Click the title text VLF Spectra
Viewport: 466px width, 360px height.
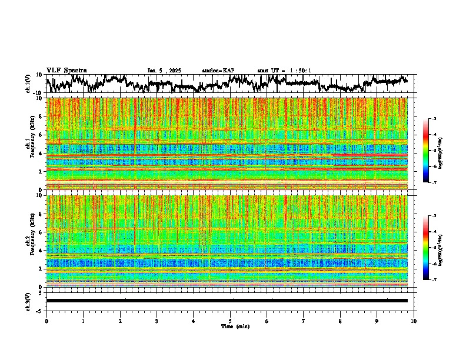[x=66, y=70]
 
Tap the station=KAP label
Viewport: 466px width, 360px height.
[x=218, y=71]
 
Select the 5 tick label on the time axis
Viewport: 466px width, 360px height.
[x=230, y=320]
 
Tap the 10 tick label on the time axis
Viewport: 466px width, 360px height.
[x=414, y=320]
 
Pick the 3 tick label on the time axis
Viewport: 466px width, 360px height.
[x=157, y=320]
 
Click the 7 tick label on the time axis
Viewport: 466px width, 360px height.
[x=304, y=320]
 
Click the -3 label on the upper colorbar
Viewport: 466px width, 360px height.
[x=434, y=119]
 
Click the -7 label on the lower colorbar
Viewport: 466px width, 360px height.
[x=434, y=280]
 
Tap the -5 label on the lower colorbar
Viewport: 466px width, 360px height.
[x=434, y=248]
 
